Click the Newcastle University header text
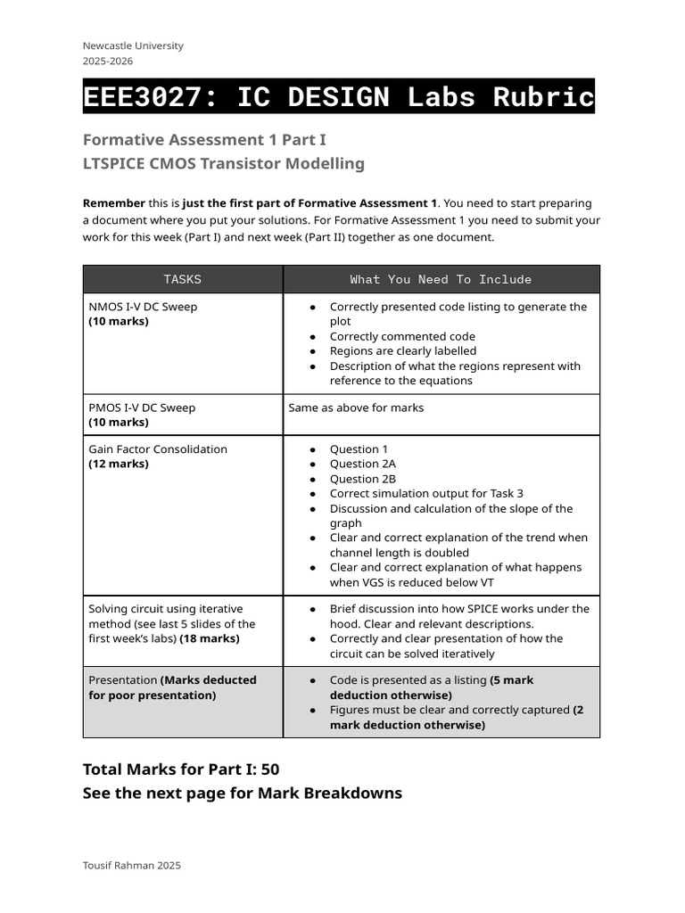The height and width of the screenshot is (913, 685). click(x=133, y=45)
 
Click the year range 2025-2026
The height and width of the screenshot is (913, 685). click(x=107, y=61)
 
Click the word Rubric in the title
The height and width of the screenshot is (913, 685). click(x=542, y=96)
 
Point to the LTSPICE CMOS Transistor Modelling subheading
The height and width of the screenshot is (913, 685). click(x=223, y=163)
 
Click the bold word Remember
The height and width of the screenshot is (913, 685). click(x=113, y=203)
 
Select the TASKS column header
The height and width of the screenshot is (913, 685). click(x=183, y=279)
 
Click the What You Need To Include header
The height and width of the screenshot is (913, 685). click(x=441, y=279)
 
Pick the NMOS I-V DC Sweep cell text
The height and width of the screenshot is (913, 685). click(x=143, y=307)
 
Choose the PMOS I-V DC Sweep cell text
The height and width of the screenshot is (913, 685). click(x=142, y=407)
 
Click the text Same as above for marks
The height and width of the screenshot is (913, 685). click(x=356, y=407)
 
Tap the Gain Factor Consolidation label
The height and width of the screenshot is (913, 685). click(x=158, y=449)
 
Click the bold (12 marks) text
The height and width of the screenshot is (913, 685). click(x=119, y=464)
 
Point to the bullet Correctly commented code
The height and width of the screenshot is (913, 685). click(x=402, y=336)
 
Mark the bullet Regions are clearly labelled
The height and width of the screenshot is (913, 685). click(x=403, y=351)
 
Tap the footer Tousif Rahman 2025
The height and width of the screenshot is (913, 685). click(x=131, y=865)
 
